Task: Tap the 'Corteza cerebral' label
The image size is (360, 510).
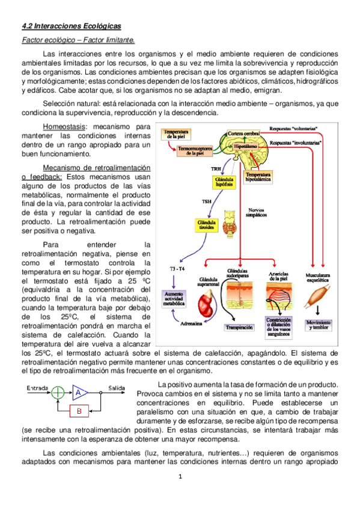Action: pyautogui.click(x=243, y=132)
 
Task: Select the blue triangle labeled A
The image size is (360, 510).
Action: pyautogui.click(x=79, y=393)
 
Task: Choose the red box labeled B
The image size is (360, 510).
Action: pyautogui.click(x=79, y=412)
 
